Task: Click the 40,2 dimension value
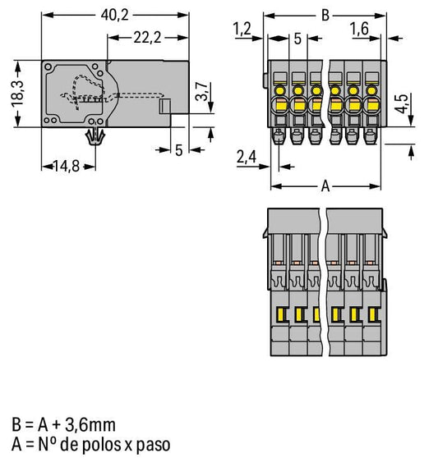tap(115, 16)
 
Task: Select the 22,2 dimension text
tap(147, 38)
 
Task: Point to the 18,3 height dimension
tap(18, 94)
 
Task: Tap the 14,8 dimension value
tap(67, 166)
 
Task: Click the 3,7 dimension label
tap(202, 91)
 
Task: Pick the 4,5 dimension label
tap(401, 103)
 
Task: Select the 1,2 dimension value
tap(242, 30)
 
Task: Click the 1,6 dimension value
tap(360, 29)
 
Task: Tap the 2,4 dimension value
tap(247, 157)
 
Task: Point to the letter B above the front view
tap(325, 16)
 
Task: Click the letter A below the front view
tap(325, 187)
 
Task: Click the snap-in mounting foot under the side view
tap(95, 136)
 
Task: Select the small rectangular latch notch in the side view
tap(164, 106)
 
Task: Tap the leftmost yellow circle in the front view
tap(280, 90)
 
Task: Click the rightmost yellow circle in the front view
tap(371, 90)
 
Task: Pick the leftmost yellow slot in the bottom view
tap(280, 314)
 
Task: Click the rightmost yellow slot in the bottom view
tap(371, 315)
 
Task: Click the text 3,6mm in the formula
tap(90, 424)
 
